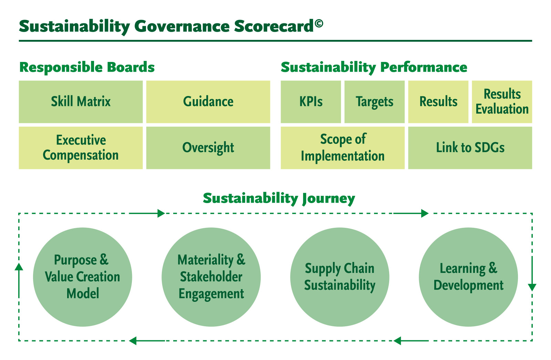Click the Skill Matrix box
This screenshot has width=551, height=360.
coord(81,102)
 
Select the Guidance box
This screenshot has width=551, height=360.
coord(208,102)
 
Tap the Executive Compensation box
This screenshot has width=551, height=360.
coord(81,148)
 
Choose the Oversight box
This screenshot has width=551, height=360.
coord(208,148)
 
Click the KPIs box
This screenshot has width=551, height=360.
coord(311,102)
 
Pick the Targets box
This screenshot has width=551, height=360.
coord(374,102)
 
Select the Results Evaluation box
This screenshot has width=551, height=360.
coord(502,102)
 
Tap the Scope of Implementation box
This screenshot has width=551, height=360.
coord(342,148)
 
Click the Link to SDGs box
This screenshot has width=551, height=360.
coord(470,148)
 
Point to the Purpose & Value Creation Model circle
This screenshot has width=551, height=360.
coord(82,277)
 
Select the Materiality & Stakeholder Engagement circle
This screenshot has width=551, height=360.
coord(211,277)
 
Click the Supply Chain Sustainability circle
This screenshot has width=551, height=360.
coord(340,277)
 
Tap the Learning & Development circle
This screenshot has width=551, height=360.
coord(468,277)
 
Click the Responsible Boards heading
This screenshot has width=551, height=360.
coord(87,67)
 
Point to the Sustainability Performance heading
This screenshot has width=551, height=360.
coord(374,67)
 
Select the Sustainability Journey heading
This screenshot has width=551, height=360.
coord(279,199)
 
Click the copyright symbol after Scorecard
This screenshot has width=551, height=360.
coord(319,23)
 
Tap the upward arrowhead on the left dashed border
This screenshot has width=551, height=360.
coord(19,266)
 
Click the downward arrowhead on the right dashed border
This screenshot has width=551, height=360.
coord(532,287)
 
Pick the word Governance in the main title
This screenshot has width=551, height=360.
coord(182,27)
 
